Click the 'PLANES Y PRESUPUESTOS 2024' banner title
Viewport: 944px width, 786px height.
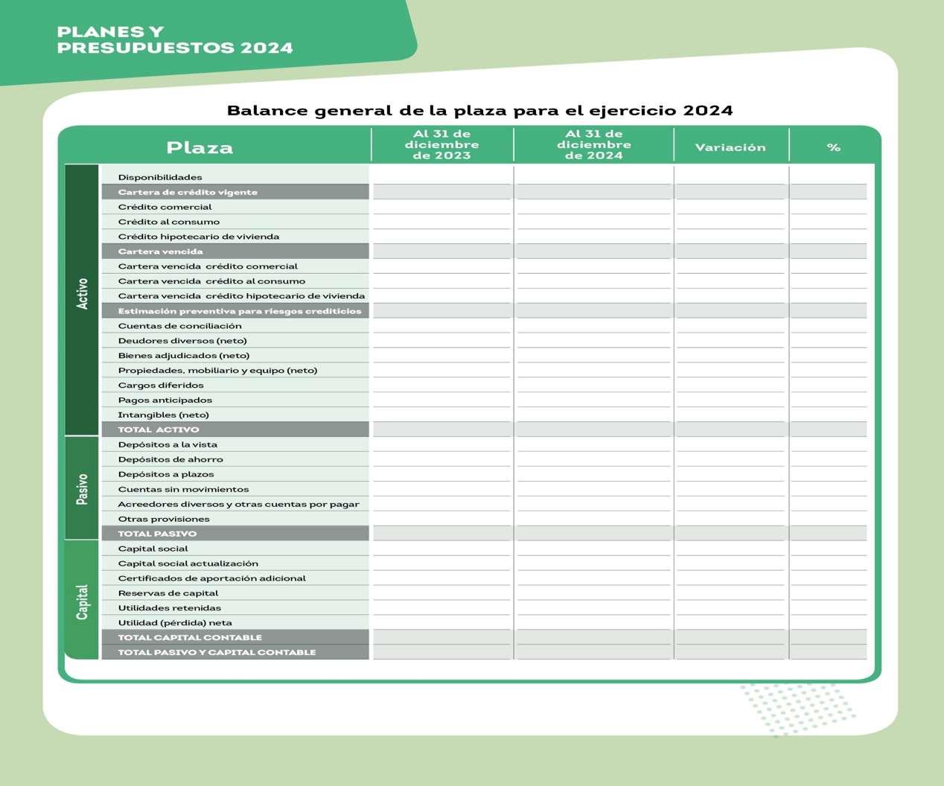coord(175,40)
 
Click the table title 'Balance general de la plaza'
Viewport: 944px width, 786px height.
coord(479,111)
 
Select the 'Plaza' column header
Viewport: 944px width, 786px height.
coord(200,147)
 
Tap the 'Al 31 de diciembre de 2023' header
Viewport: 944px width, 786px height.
coord(441,144)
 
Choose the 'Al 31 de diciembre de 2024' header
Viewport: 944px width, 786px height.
coord(593,144)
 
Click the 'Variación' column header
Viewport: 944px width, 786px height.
coord(730,147)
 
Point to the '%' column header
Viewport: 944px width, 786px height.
coord(833,147)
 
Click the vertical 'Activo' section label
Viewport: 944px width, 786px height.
coord(82,294)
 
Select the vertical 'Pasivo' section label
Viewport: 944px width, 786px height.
coord(82,489)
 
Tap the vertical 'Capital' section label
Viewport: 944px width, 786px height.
coord(82,601)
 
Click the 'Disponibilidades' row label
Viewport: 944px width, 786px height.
coord(160,177)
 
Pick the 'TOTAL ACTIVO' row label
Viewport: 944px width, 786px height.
coord(159,429)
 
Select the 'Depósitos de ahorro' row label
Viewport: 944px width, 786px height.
coord(170,459)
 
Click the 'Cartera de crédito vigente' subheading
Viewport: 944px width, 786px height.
coord(188,192)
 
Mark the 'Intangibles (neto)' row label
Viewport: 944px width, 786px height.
coord(163,415)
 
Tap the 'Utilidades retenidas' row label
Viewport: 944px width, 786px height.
coord(169,608)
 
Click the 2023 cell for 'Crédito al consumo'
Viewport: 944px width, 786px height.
coord(441,222)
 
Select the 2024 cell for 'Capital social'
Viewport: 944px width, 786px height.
coord(593,549)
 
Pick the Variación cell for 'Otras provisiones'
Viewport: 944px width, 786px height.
coord(730,519)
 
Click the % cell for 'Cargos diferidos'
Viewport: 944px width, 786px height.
coord(829,385)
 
